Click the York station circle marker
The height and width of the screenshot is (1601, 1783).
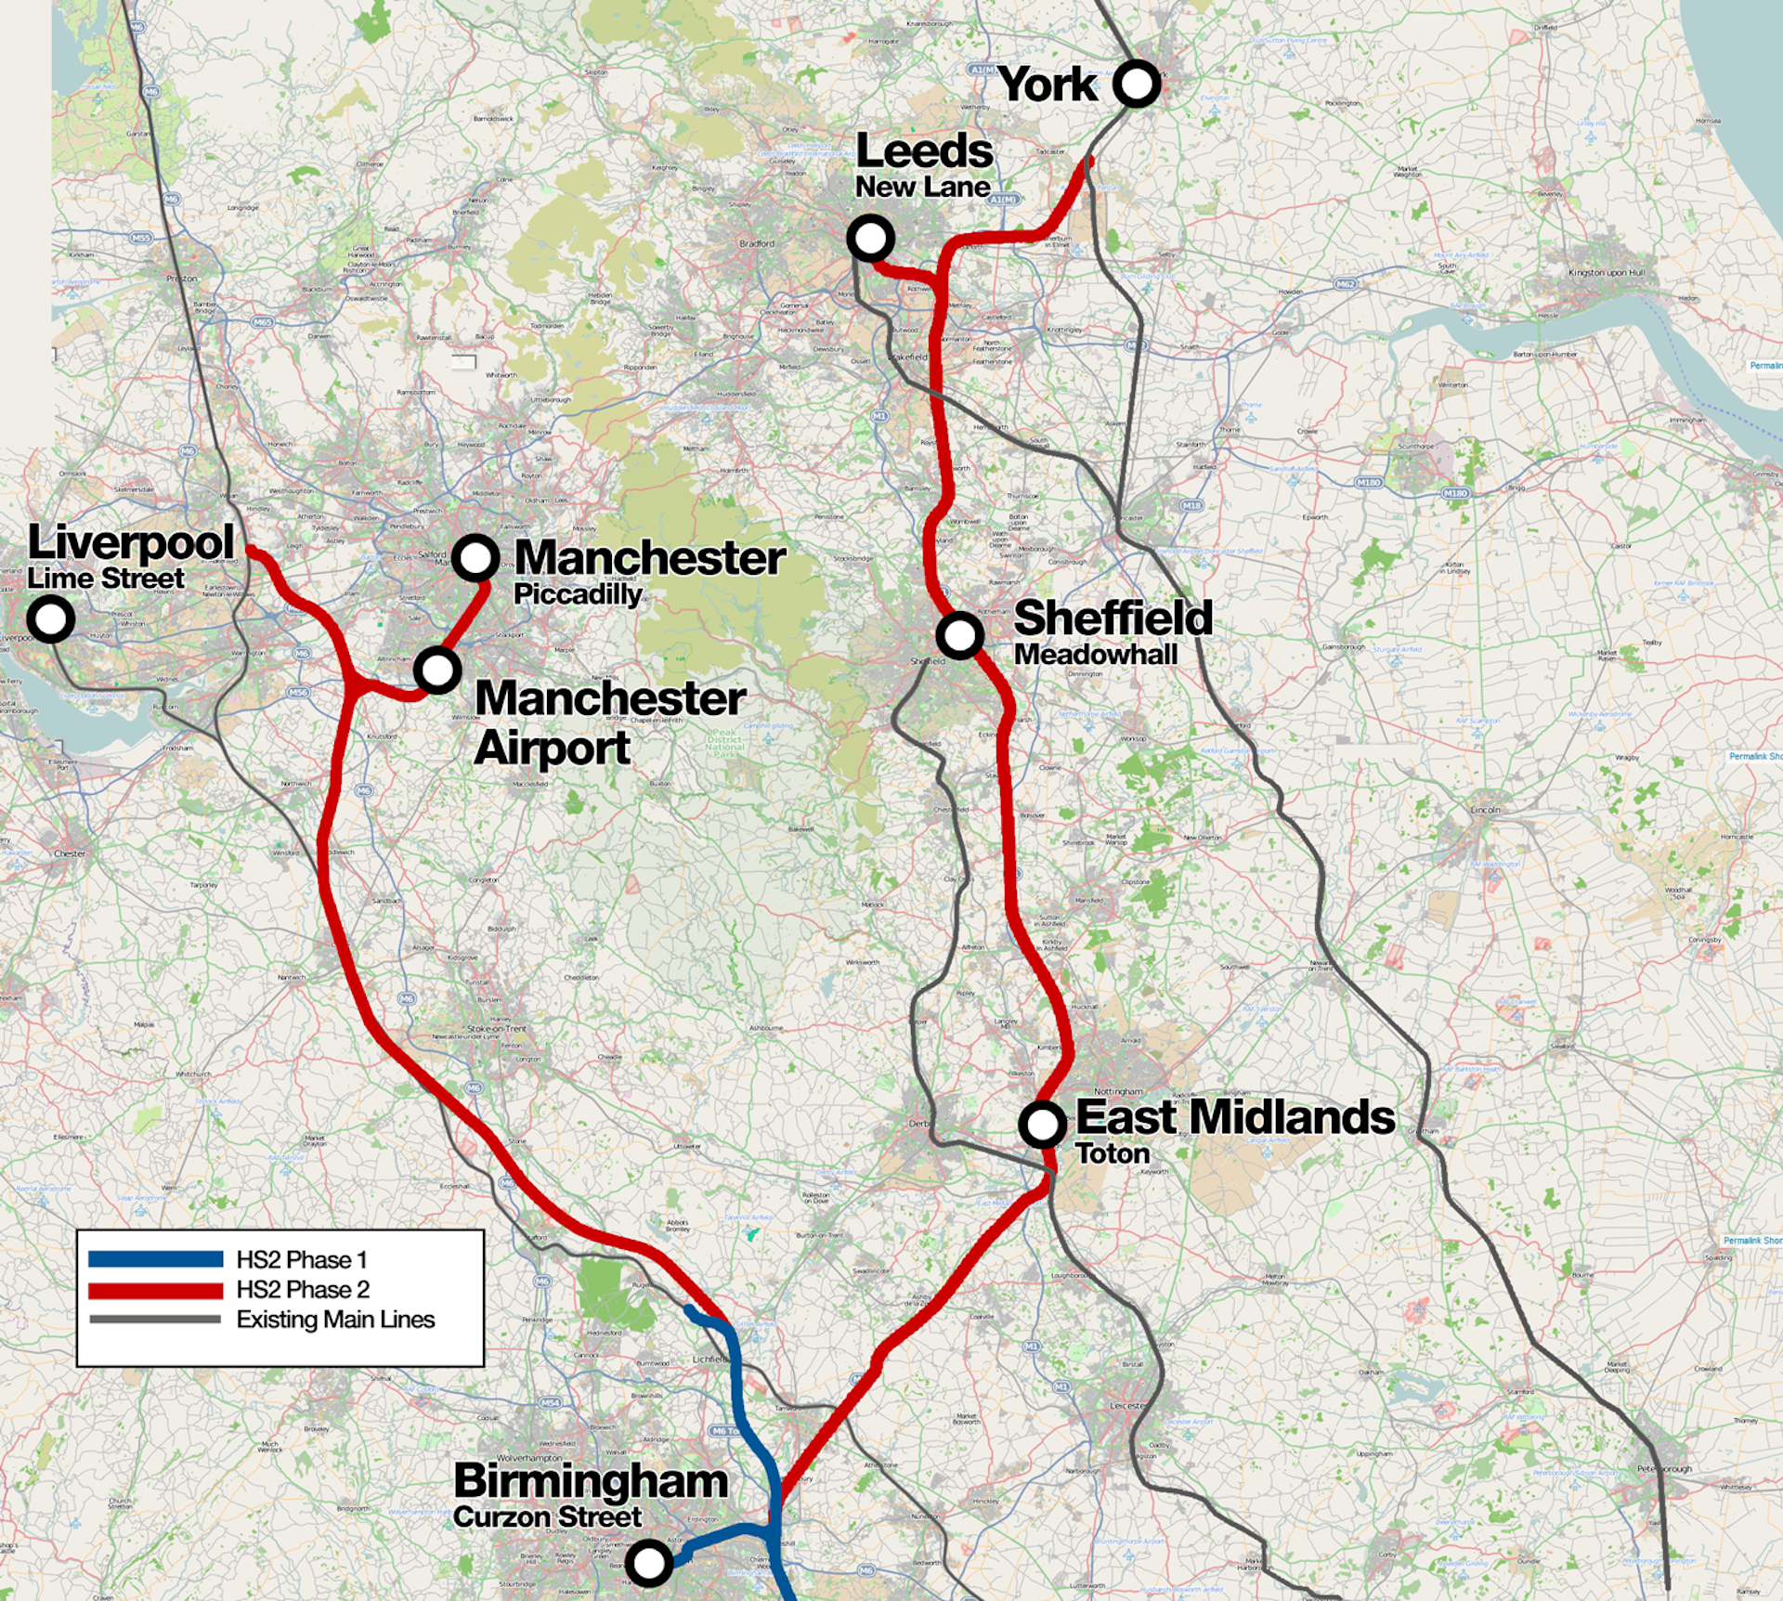[1136, 85]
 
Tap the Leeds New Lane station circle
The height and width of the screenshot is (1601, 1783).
[870, 238]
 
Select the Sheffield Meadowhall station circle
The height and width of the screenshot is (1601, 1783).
[959, 635]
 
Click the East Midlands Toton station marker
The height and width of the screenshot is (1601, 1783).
[1042, 1125]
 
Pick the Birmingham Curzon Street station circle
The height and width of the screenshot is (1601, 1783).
[649, 1562]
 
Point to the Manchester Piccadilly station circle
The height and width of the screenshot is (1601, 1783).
[475, 558]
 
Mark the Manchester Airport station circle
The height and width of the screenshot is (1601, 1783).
[437, 670]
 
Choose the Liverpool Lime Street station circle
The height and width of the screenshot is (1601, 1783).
[50, 618]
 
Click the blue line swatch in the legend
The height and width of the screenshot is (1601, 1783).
[155, 1259]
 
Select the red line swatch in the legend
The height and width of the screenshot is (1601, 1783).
[155, 1290]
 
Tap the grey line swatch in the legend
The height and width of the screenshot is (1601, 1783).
[155, 1320]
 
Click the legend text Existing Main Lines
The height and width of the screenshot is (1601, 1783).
[335, 1320]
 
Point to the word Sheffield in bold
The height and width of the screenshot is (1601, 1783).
[1113, 618]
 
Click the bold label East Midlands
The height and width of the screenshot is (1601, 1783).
[1234, 1117]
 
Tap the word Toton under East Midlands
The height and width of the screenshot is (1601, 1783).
[1113, 1154]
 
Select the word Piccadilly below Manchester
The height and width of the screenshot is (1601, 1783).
[578, 594]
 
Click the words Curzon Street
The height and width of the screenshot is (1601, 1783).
[547, 1517]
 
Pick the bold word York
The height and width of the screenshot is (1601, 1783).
[1048, 85]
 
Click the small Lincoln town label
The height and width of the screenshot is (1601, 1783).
[1485, 810]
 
